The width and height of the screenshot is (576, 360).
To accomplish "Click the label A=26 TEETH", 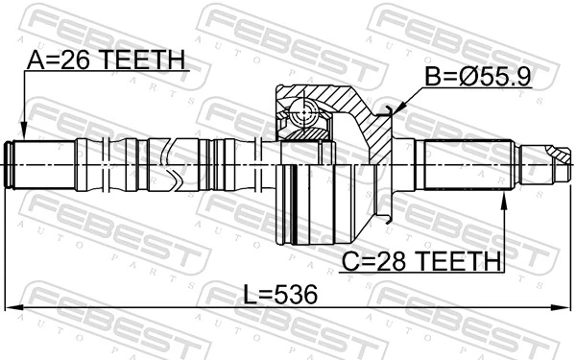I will tap(105, 60).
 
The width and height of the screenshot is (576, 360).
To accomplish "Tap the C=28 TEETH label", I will tap(420, 260).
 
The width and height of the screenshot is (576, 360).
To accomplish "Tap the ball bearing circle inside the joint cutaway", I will tap(306, 113).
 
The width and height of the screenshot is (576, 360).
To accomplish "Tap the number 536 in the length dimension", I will tap(295, 293).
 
